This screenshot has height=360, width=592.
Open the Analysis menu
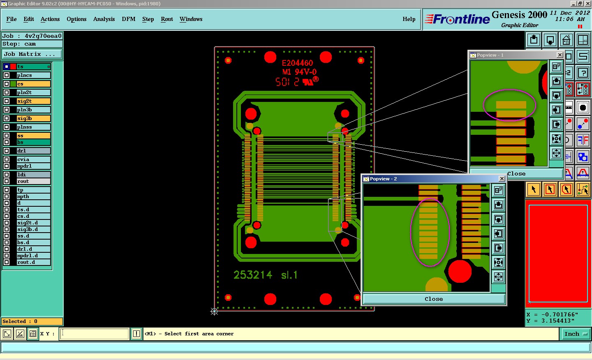click(x=104, y=19)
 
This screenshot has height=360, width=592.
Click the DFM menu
click(x=128, y=19)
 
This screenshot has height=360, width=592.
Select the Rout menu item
click(x=166, y=19)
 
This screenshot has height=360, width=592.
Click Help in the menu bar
click(x=409, y=19)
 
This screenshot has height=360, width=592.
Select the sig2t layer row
click(x=33, y=101)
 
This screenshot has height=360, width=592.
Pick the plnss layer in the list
click(x=33, y=127)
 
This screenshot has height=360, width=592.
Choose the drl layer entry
click(x=33, y=151)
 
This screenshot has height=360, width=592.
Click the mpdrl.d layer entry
click(x=33, y=256)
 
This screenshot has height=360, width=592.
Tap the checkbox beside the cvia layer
click(x=7, y=159)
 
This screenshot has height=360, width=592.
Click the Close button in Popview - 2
click(x=434, y=299)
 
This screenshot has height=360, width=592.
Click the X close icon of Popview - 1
click(x=560, y=55)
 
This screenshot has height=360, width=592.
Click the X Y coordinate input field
click(x=95, y=334)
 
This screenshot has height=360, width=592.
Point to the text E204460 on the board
click(x=297, y=63)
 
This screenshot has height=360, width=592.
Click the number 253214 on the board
click(x=253, y=275)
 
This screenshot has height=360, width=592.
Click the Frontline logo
click(x=457, y=19)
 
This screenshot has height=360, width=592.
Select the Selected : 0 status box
click(x=32, y=321)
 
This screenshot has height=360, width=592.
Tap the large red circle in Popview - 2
click(x=460, y=271)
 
